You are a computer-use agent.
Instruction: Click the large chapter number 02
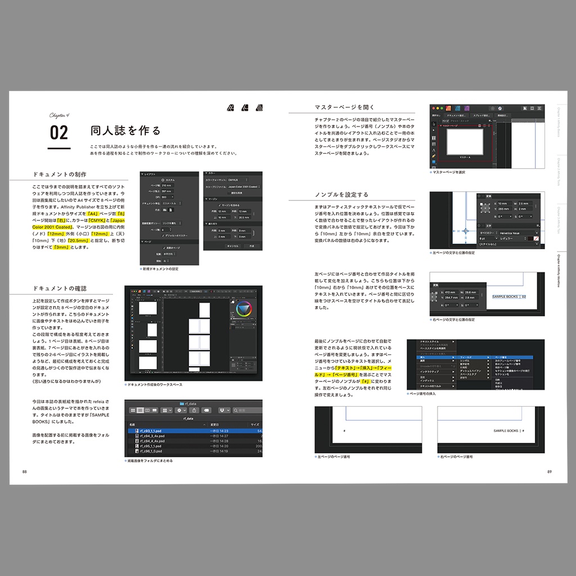59,132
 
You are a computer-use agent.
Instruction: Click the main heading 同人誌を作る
125,131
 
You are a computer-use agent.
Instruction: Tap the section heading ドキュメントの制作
60,174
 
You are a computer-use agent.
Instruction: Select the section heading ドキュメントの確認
60,288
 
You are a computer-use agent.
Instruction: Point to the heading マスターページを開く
345,107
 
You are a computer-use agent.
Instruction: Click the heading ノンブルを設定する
341,195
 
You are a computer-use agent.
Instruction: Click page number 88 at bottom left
24,471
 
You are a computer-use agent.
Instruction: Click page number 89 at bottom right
549,471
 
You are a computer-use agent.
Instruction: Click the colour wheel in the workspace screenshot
244,309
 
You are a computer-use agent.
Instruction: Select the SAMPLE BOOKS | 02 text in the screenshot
508,296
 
